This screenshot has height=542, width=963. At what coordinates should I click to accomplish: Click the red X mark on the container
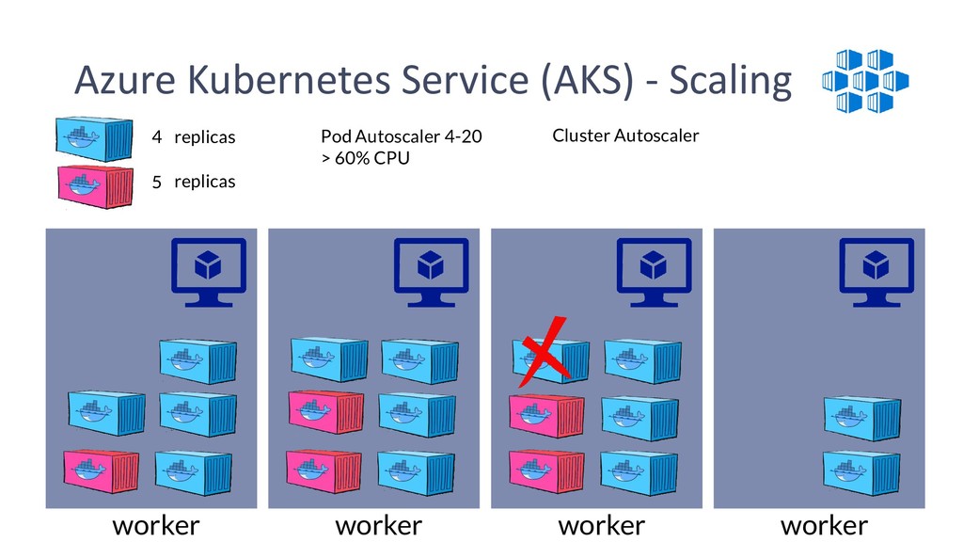[x=544, y=352]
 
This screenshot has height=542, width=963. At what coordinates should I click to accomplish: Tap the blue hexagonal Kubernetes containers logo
[x=865, y=81]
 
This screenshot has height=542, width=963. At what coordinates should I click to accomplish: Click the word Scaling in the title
[x=730, y=81]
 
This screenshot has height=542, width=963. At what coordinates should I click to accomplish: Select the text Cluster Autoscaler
[x=625, y=135]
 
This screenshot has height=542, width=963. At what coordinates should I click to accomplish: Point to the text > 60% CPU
[x=365, y=158]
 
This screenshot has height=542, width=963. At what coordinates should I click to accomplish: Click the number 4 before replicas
[x=157, y=136]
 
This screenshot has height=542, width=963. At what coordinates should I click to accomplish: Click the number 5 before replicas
[x=157, y=182]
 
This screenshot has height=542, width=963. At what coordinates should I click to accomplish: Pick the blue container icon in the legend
[x=94, y=139]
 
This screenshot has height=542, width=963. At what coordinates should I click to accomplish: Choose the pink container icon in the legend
[x=95, y=186]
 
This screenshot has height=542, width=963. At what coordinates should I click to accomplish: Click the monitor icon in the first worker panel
[x=208, y=272]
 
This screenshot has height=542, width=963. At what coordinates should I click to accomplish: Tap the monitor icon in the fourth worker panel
[x=876, y=272]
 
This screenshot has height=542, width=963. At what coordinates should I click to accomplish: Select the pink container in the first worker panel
[x=102, y=470]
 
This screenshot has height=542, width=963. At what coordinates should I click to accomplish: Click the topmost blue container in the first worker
[x=197, y=361]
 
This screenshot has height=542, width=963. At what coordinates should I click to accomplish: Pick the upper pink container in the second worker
[x=326, y=412]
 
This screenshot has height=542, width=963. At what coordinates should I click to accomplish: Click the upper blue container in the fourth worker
[x=861, y=419]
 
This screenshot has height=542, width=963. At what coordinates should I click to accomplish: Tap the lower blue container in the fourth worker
[x=861, y=473]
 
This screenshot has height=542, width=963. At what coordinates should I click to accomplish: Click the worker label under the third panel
[x=601, y=526]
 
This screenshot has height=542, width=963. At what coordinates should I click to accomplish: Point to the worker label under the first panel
[x=156, y=526]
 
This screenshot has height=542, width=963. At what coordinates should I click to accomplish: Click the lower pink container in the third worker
[x=546, y=471]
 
